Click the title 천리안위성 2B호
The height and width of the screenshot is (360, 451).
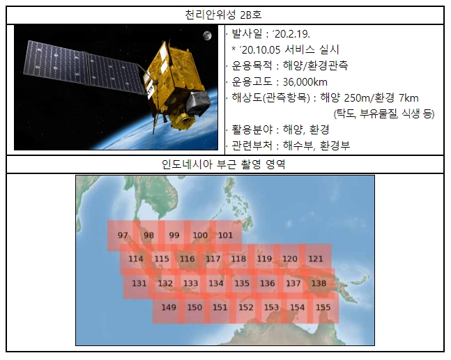coord(223,15)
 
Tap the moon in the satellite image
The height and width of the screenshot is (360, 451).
coord(207,36)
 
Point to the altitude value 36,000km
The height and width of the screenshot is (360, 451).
coord(305,82)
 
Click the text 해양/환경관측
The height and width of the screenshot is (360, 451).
coord(316,65)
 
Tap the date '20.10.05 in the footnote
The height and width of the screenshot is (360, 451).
coord(260,50)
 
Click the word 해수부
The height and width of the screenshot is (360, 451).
coord(298,146)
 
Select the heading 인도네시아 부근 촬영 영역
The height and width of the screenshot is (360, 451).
coord(223,164)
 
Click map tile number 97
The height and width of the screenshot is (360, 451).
coord(123,235)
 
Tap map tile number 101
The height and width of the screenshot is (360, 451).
coord(226,235)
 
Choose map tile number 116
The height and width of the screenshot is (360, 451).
coord(188,259)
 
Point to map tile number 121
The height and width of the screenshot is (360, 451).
coord(316,259)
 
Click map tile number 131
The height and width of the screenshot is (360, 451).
coord(139,283)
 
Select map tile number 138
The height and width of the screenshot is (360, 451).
coord(319,283)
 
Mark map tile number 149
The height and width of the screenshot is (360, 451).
coord(169,307)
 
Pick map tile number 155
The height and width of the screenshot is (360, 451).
coord(323,307)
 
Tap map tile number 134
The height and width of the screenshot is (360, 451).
coord(216,283)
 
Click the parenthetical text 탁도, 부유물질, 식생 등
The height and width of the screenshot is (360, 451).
coord(384,114)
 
